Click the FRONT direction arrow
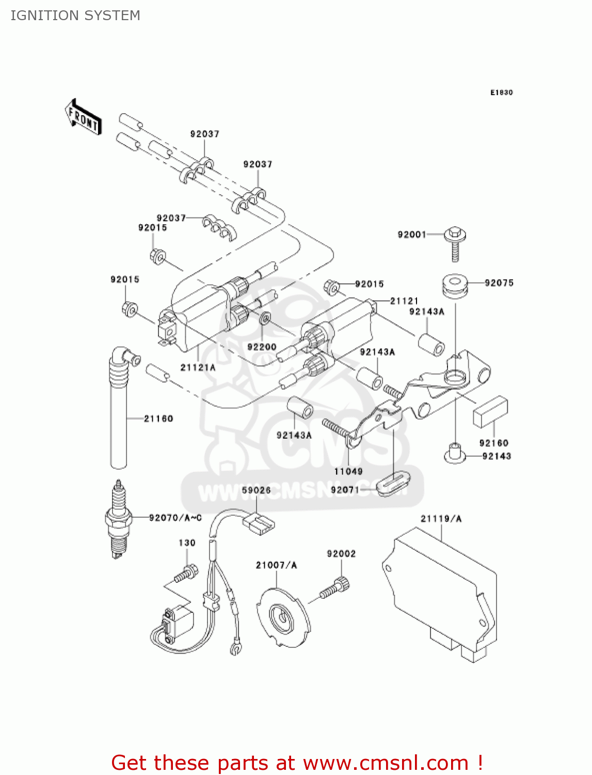tap(83, 117)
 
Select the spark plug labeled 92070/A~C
tap(119, 519)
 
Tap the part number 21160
tap(158, 419)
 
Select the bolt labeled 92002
tap(335, 589)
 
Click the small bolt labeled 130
tap(186, 573)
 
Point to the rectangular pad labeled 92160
tap(490, 412)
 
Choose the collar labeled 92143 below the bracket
tap(455, 454)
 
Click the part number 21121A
tap(198, 367)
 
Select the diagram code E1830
tap(501, 92)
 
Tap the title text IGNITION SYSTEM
tap(75, 16)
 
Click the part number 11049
tap(348, 471)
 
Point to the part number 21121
tap(404, 301)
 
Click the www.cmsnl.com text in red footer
tap(386, 763)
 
